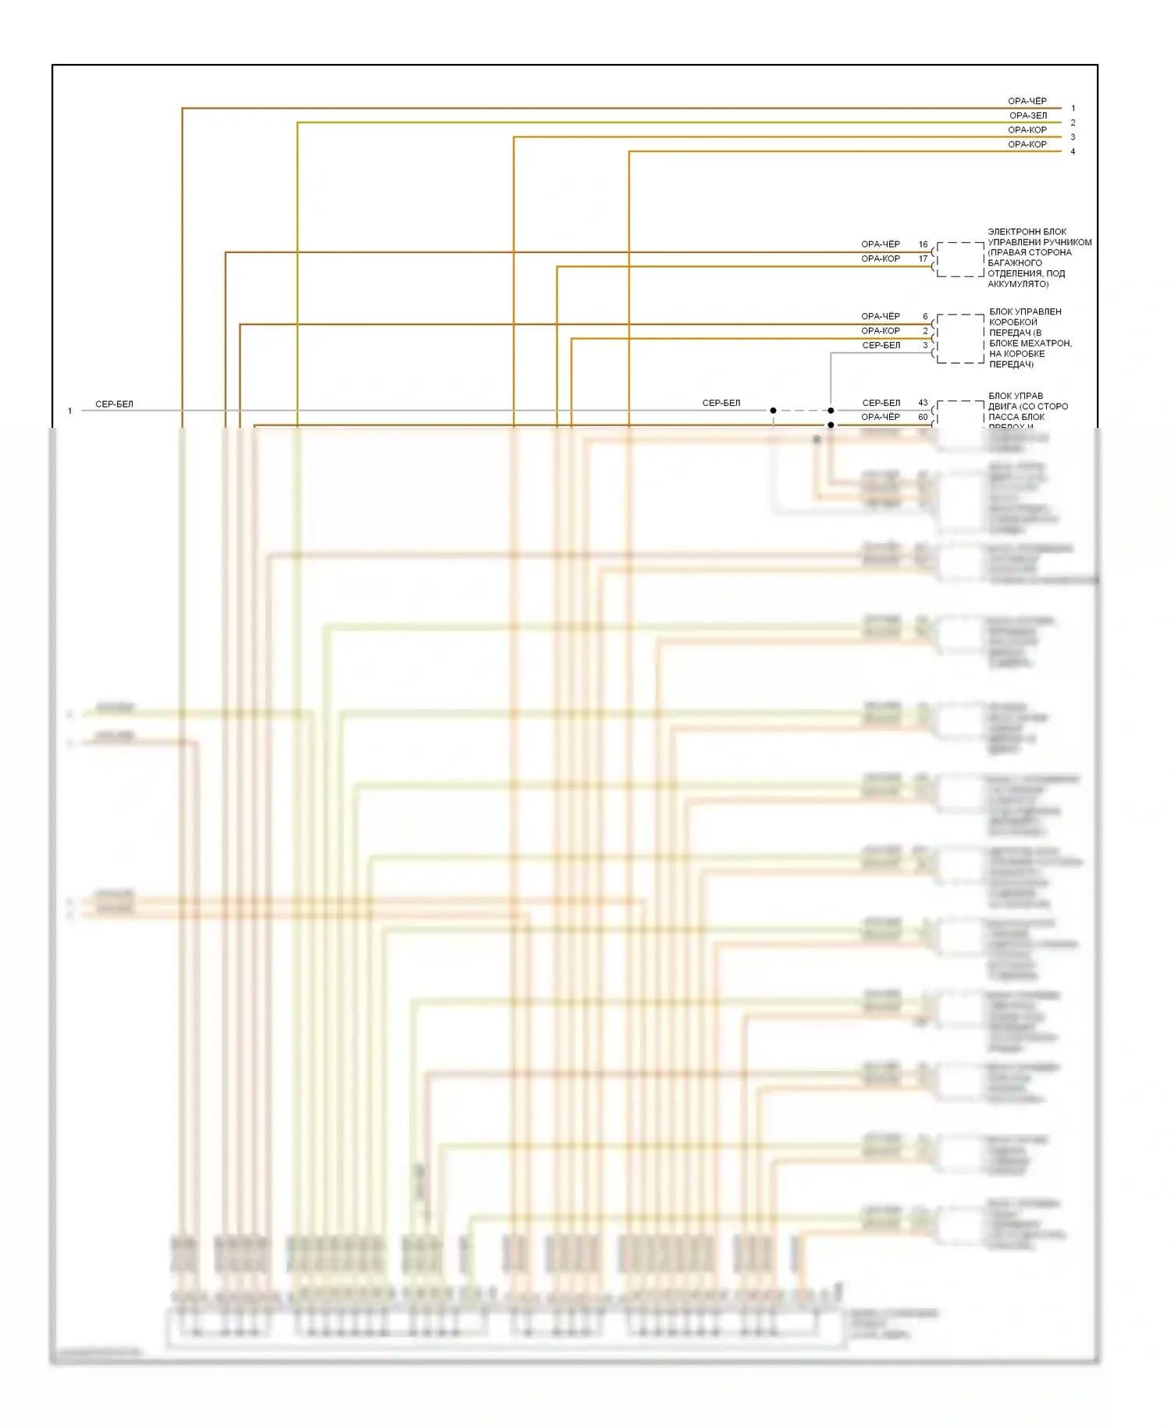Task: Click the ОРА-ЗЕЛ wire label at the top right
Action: click(x=1027, y=116)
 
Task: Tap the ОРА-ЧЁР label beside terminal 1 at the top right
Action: click(x=1027, y=101)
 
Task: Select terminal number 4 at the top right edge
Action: click(x=1073, y=151)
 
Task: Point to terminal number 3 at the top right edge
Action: click(x=1073, y=137)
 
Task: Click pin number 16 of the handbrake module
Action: click(x=923, y=244)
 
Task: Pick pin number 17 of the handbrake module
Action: click(x=923, y=258)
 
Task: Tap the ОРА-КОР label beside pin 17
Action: click(x=880, y=258)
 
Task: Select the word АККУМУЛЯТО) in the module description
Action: click(x=1018, y=284)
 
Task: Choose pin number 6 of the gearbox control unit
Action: click(x=925, y=316)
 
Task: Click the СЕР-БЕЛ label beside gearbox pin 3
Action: click(x=881, y=345)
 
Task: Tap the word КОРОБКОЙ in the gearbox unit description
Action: click(x=1013, y=322)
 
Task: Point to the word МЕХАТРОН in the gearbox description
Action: click(x=1045, y=343)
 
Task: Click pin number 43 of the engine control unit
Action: click(x=923, y=403)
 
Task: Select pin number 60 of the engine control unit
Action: click(x=923, y=417)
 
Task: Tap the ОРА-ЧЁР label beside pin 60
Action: click(x=880, y=417)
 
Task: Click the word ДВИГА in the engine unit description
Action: click(x=1002, y=407)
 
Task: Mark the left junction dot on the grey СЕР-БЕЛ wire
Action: click(x=773, y=411)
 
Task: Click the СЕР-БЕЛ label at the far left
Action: click(x=114, y=404)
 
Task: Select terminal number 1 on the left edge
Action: click(x=69, y=411)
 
